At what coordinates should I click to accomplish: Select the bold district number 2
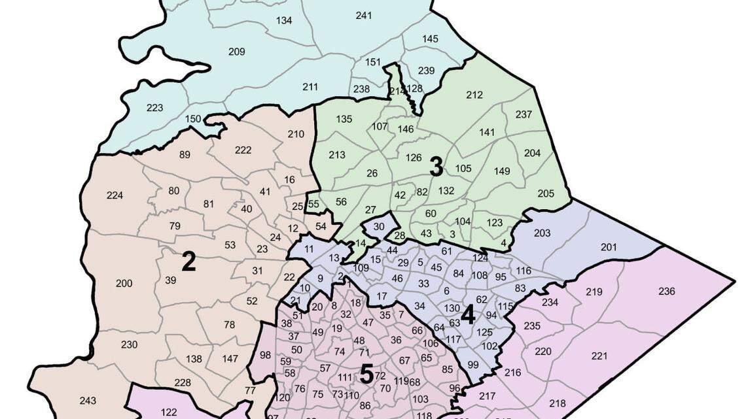point(188,262)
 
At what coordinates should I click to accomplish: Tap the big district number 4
point(467,315)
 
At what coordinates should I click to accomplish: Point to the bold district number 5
point(366,375)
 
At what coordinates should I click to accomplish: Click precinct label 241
point(364,15)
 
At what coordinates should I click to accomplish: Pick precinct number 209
point(236,52)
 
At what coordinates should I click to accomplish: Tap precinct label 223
point(154,108)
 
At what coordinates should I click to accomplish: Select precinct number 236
point(666,292)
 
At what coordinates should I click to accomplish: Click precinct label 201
point(609,246)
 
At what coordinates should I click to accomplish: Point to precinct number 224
point(115,195)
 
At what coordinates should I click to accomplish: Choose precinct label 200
point(124,283)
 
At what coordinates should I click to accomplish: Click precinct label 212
point(474,95)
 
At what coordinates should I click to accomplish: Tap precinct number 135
point(344,119)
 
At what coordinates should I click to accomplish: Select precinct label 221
point(599,356)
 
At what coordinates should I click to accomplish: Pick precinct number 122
point(169,412)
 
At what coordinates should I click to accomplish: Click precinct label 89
point(185,154)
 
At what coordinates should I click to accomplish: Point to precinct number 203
point(542,233)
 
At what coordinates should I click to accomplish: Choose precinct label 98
point(265,355)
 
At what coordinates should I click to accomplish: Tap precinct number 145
point(430,39)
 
